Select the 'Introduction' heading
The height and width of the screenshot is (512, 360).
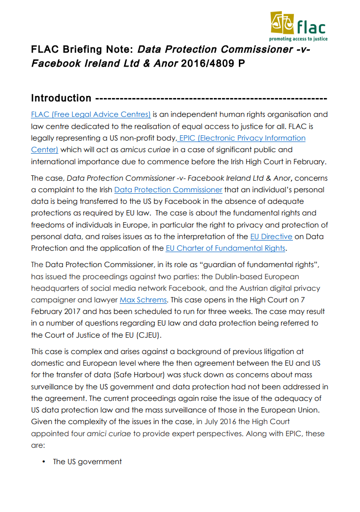pos(61,98)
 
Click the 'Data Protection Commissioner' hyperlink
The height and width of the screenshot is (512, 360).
pos(168,190)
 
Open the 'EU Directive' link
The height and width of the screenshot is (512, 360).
pos(271,237)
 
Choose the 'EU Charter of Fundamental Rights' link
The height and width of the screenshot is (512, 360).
pos(225,248)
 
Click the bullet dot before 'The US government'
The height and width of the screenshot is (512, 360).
pos(43,462)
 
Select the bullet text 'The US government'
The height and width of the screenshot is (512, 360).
pos(87,462)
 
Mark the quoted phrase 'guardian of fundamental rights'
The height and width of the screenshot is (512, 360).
pos(264,265)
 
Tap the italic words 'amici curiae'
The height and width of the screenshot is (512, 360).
pos(109,434)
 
